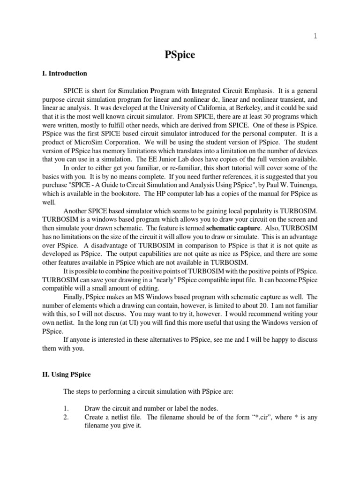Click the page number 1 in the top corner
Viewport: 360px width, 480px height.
point(315,37)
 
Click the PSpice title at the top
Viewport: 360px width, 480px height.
point(180,55)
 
